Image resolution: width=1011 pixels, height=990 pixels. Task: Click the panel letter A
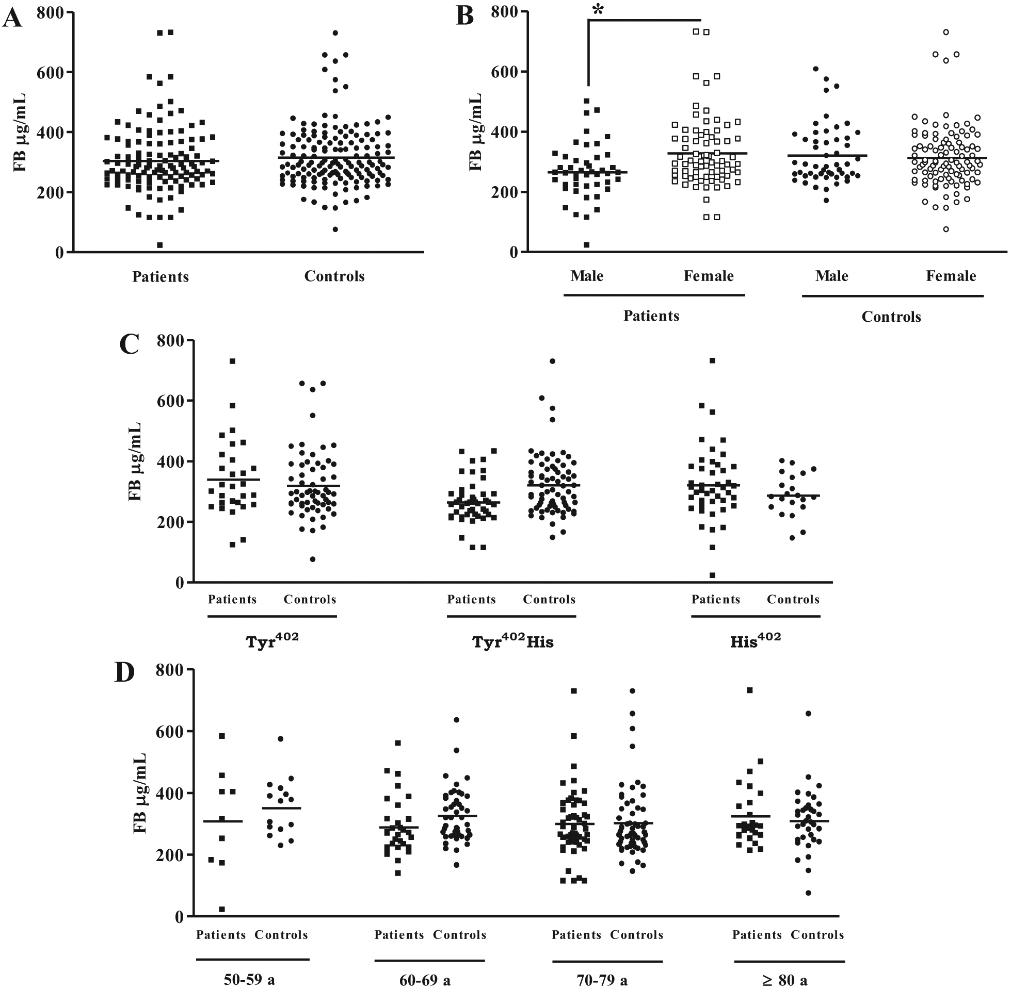pyautogui.click(x=12, y=19)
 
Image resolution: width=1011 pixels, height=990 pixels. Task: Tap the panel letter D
pyautogui.click(x=124, y=672)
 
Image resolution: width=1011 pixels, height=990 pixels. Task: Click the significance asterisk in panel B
pyautogui.click(x=598, y=10)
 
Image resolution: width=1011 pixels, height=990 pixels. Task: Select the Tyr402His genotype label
pyautogui.click(x=512, y=641)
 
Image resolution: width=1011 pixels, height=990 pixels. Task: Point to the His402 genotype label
pyautogui.click(x=755, y=641)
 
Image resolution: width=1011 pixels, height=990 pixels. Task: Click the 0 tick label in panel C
pyautogui.click(x=179, y=583)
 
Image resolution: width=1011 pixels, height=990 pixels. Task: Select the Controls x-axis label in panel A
pyautogui.click(x=334, y=276)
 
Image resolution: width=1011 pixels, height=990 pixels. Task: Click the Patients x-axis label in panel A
pyautogui.click(x=161, y=276)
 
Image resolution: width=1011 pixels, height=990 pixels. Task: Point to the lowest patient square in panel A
pyautogui.click(x=160, y=245)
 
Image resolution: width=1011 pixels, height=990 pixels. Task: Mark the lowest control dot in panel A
pyautogui.click(x=335, y=229)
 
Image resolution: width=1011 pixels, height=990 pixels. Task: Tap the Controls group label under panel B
pyautogui.click(x=891, y=317)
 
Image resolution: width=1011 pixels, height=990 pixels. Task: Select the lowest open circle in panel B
pyautogui.click(x=945, y=229)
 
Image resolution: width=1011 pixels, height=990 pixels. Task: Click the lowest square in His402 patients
pyautogui.click(x=712, y=575)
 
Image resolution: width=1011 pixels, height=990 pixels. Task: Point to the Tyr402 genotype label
pyautogui.click(x=272, y=641)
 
